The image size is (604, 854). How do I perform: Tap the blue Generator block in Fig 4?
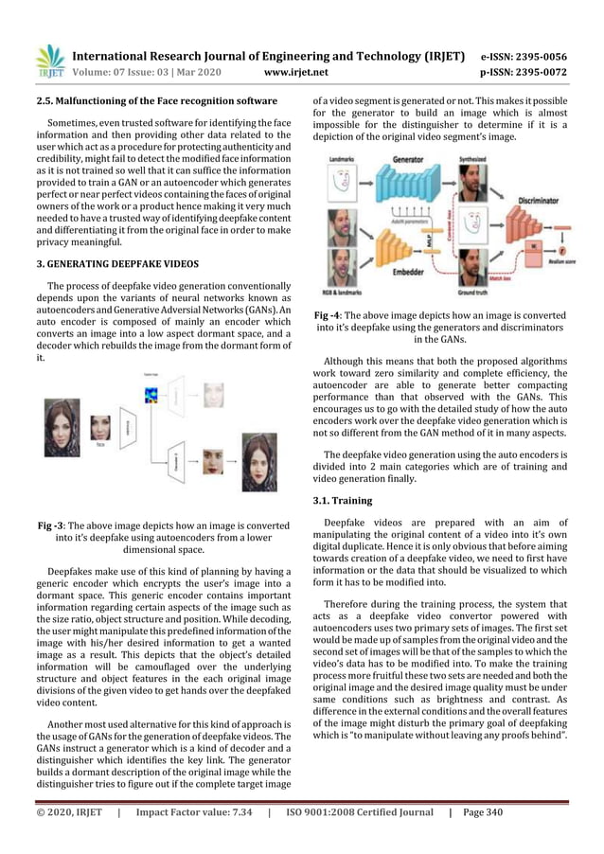[x=398, y=188]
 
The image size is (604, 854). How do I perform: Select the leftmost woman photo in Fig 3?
[x=62, y=429]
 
